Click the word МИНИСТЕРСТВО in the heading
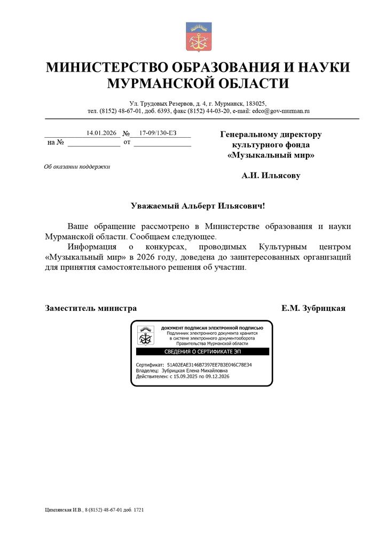[106, 68]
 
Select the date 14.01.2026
[101, 133]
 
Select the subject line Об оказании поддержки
[77, 167]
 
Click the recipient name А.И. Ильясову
[271, 175]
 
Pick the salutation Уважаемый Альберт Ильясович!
[198, 206]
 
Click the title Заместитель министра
[91, 308]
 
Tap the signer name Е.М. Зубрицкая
[313, 308]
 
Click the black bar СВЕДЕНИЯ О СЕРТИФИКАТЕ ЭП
[202, 352]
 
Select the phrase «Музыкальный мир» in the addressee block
[271, 155]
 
